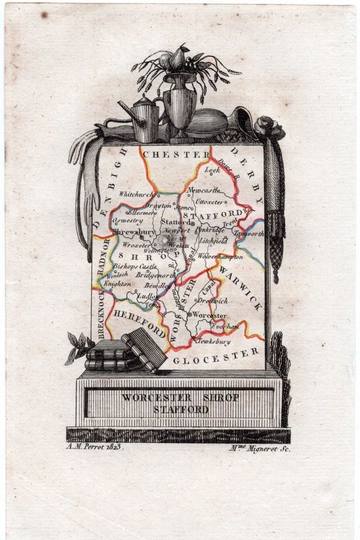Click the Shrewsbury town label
(133, 231)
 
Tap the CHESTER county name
(175, 154)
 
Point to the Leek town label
(212, 169)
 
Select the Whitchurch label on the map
(136, 193)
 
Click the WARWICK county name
(241, 288)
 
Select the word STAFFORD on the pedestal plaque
(181, 409)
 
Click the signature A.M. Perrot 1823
(90, 447)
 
